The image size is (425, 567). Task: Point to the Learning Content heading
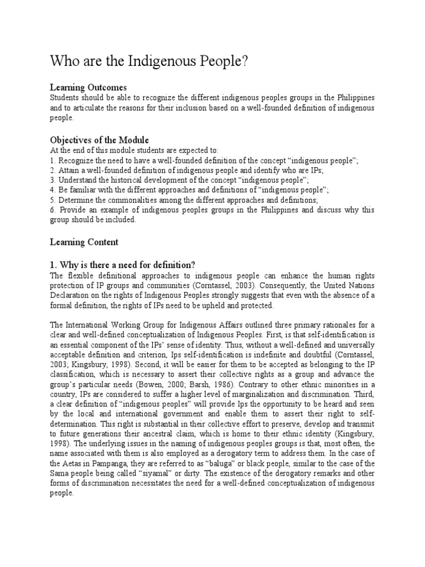[x=84, y=242]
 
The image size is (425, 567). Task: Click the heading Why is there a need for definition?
[x=122, y=263]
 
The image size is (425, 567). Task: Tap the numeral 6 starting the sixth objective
[x=52, y=210]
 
